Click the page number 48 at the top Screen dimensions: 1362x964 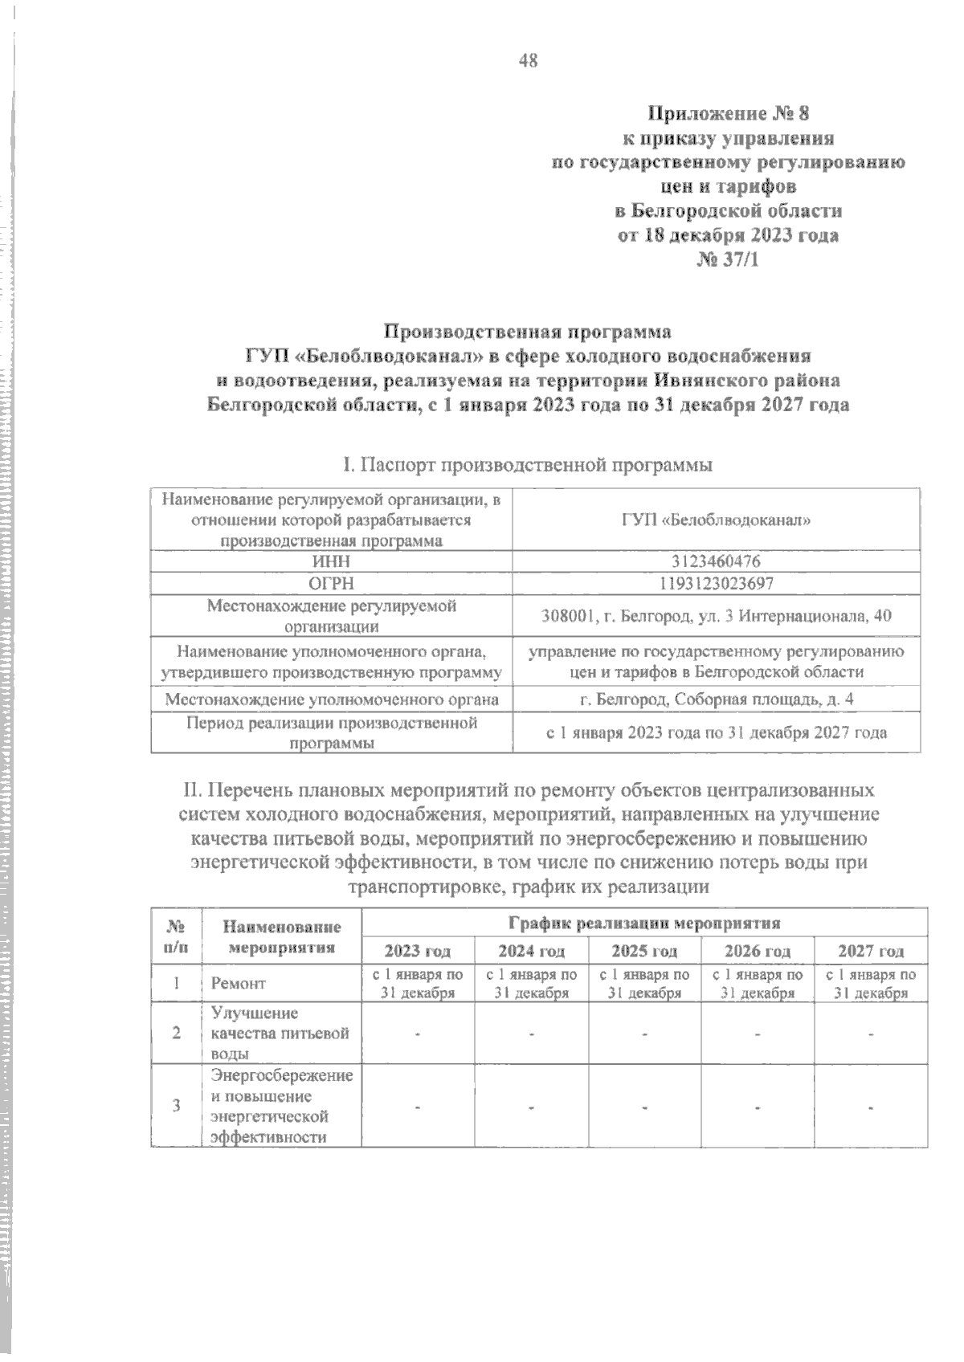coord(528,60)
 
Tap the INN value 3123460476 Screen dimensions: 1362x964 coord(717,561)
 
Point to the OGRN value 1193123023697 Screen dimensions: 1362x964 coord(717,582)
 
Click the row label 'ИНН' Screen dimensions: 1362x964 coord(331,561)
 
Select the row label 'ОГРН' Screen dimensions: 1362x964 coord(331,582)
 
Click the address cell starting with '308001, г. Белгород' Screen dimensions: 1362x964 coord(717,616)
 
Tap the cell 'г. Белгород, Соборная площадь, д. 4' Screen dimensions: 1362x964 coord(717,699)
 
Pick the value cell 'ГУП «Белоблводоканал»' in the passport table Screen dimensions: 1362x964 coord(717,520)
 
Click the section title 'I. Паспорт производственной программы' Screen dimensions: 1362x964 coord(528,464)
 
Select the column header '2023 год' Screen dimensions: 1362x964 coord(418,951)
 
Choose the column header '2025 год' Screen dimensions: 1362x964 coord(644,951)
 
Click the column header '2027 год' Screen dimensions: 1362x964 coord(871,951)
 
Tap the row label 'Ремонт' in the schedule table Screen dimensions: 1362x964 coord(238,983)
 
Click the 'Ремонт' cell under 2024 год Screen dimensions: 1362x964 coord(531,983)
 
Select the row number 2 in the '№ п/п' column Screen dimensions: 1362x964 coord(176,1033)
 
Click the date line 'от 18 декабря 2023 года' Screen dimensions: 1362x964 coord(728,235)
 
